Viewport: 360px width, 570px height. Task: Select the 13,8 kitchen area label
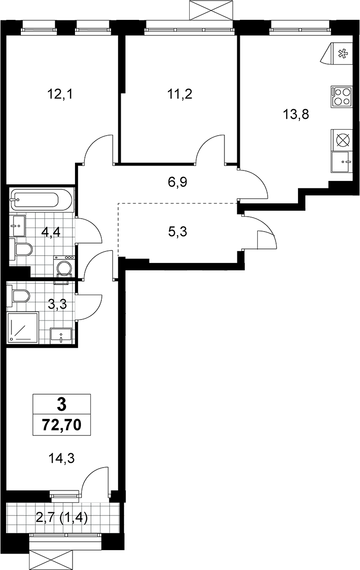tap(296, 115)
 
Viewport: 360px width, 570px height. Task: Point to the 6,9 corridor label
tap(177, 181)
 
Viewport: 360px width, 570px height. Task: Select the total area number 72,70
tap(62, 424)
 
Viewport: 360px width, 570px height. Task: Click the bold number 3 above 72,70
tap(62, 404)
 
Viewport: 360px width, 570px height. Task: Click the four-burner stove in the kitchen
tap(342, 97)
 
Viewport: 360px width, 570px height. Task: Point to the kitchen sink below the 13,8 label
tap(342, 162)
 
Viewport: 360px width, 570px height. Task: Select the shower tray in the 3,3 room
tap(22, 327)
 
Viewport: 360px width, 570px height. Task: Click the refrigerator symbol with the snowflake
tap(337, 54)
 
